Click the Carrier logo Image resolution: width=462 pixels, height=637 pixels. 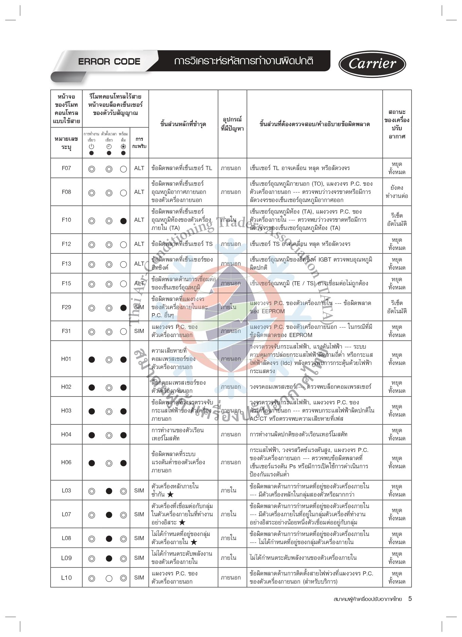click(x=372, y=64)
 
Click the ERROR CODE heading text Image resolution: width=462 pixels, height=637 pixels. click(x=109, y=62)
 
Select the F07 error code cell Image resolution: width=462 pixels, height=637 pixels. click(x=66, y=168)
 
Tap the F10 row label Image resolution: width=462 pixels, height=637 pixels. click(x=66, y=220)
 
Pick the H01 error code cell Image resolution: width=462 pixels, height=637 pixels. click(x=66, y=359)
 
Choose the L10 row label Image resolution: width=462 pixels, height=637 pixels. click(x=66, y=577)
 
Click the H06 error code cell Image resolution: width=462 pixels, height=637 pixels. click(x=66, y=462)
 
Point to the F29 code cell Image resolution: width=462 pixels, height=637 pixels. click(x=66, y=307)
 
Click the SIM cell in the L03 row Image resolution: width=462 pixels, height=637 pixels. click(x=139, y=490)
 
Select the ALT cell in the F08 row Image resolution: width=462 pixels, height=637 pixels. click(x=139, y=192)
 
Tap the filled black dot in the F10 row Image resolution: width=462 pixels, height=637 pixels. click(x=123, y=221)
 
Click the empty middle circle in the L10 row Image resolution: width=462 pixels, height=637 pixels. click(x=109, y=578)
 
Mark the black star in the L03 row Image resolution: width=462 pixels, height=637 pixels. click(x=170, y=494)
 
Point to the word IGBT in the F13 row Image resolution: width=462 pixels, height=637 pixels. click(x=325, y=259)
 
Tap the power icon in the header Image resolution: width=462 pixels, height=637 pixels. click(x=91, y=147)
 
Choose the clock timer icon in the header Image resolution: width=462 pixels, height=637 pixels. click(x=109, y=147)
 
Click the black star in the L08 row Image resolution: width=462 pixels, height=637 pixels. click(x=194, y=542)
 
